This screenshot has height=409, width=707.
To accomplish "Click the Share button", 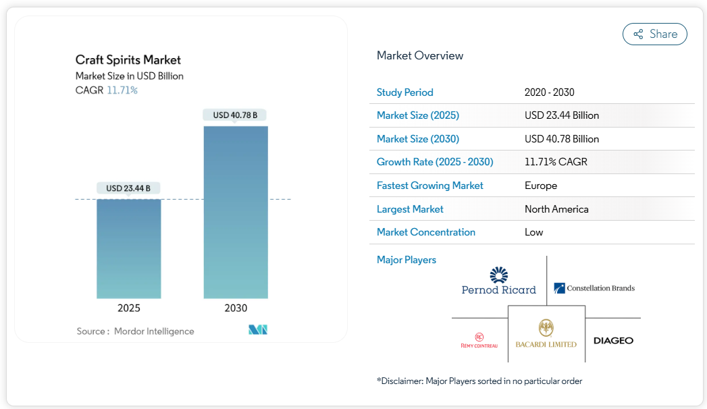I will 654,34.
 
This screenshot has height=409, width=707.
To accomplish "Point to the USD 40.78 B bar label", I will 236,115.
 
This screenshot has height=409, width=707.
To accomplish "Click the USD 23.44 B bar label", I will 128,188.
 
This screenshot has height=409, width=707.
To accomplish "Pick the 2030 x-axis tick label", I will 236,308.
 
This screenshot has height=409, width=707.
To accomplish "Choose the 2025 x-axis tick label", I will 129,308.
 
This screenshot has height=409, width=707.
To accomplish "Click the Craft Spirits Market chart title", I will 128,60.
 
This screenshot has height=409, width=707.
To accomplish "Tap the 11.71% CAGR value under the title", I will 122,90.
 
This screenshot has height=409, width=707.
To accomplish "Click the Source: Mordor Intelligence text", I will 135,331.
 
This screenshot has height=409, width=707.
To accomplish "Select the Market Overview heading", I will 420,55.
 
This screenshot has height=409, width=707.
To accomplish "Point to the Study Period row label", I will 405,92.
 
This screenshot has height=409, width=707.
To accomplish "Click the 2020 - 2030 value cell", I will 549,92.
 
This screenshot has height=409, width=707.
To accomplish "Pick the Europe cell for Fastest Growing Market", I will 541,186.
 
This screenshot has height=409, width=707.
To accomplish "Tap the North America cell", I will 556,209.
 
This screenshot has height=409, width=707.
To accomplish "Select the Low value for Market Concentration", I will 534,232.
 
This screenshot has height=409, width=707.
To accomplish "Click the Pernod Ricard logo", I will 498,281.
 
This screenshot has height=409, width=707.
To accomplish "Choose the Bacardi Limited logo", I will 546,334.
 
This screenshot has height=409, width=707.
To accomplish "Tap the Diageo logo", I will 613,340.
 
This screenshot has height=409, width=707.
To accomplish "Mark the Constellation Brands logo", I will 594,288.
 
